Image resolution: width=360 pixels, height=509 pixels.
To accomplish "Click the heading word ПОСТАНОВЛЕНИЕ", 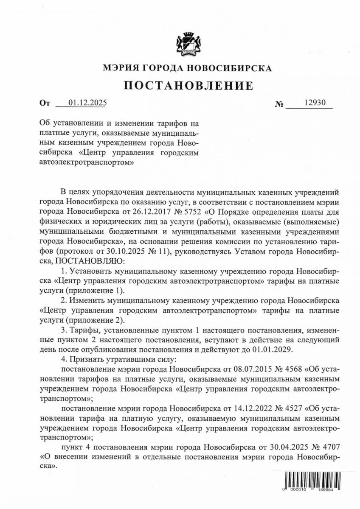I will (188, 86).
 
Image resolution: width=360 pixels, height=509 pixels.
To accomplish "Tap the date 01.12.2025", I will (82, 103).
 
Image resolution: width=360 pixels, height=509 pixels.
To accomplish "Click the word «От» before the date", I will (44, 103).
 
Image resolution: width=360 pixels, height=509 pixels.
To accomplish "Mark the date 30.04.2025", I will (289, 447).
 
